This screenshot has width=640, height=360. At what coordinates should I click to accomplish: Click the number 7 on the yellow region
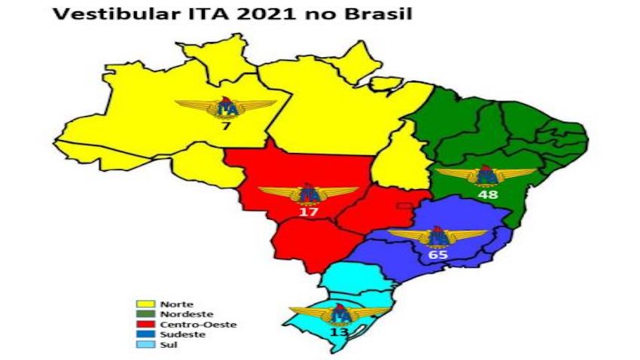[225, 126]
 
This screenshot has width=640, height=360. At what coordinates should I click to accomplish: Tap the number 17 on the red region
[308, 212]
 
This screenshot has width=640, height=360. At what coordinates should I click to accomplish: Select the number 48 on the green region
[488, 194]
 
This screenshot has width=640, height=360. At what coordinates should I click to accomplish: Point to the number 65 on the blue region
[438, 255]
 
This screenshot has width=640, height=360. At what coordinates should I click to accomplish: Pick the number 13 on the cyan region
[338, 332]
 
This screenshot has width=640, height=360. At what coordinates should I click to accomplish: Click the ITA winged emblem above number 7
[225, 108]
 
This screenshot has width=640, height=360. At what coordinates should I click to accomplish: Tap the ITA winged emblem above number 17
[308, 194]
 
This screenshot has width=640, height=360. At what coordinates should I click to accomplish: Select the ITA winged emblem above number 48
[486, 175]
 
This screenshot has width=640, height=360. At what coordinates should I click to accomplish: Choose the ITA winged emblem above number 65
[437, 236]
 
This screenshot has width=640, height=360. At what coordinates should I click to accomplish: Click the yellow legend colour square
[140, 304]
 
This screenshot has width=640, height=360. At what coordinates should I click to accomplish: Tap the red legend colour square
[140, 325]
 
